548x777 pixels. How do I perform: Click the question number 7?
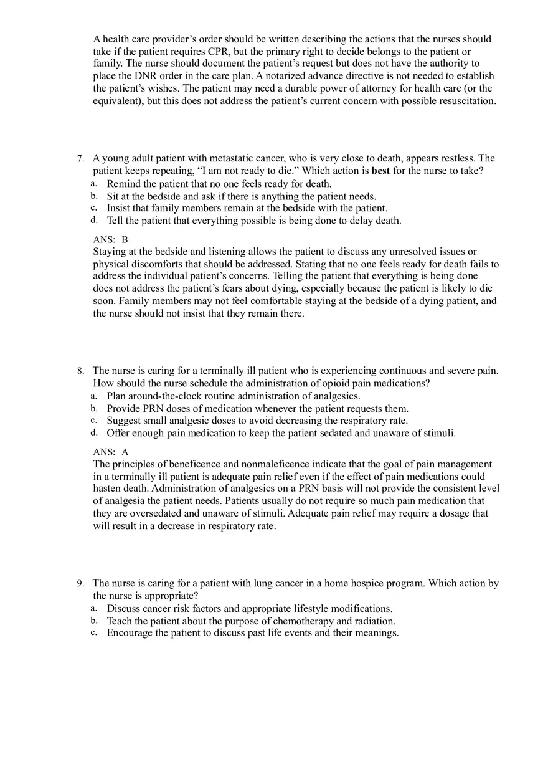pyautogui.click(x=80, y=159)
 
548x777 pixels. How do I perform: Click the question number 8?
pyautogui.click(x=80, y=371)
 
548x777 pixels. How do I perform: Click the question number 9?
pyautogui.click(x=80, y=584)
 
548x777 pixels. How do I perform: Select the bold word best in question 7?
pyautogui.click(x=380, y=171)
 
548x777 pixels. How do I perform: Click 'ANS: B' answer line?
pyautogui.click(x=110, y=239)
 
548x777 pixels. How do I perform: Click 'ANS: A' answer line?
pyautogui.click(x=110, y=452)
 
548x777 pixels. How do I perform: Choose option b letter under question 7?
pyautogui.click(x=94, y=196)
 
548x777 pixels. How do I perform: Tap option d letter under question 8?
pyautogui.click(x=94, y=432)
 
